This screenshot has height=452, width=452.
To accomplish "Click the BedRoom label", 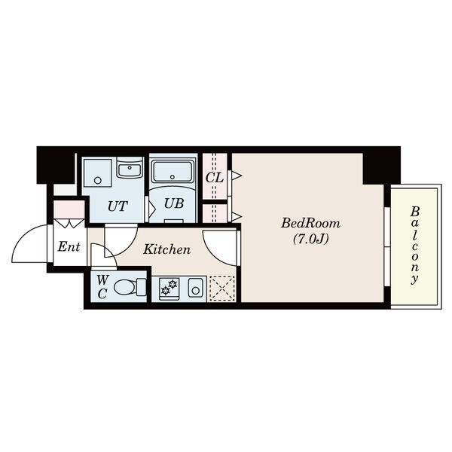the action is click(x=310, y=223).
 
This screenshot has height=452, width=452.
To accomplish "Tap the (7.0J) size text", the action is click(x=310, y=239).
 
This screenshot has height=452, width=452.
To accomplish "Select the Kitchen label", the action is click(x=167, y=249).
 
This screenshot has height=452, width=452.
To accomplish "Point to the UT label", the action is click(x=118, y=206).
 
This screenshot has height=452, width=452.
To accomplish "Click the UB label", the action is click(x=173, y=203).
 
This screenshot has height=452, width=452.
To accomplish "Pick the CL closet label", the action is click(x=214, y=178).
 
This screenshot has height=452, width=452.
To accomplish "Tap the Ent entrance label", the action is click(x=69, y=247).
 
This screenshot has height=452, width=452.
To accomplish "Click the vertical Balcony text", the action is click(x=415, y=245).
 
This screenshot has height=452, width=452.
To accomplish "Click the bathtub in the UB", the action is click(x=173, y=172).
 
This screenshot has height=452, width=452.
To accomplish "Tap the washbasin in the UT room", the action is click(x=130, y=167).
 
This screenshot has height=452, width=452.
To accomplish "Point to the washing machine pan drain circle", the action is click(x=98, y=181).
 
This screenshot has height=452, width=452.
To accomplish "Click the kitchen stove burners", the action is click(x=169, y=287).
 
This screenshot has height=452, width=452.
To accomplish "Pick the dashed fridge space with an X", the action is click(x=222, y=289).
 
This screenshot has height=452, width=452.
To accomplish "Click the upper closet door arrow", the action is click(x=237, y=176).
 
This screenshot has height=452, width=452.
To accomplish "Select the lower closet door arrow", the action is click(x=237, y=216).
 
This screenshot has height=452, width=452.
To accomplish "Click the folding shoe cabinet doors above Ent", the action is click(x=69, y=223).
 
